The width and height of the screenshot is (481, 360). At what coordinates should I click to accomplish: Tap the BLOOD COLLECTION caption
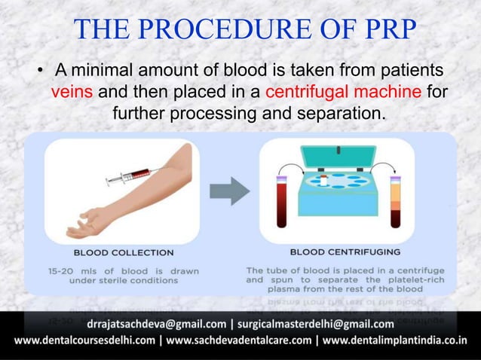click(123, 252)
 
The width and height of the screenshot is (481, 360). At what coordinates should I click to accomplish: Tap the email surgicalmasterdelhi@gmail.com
click(316, 325)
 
